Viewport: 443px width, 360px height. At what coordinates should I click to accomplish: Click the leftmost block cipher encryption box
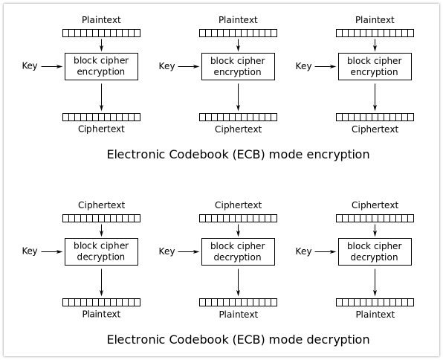pyautogui.click(x=101, y=66)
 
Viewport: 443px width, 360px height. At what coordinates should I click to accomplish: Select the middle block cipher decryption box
pyautogui.click(x=238, y=251)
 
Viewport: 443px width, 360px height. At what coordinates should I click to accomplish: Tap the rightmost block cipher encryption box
pyautogui.click(x=375, y=66)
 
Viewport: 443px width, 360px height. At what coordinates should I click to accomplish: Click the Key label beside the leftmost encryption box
pyautogui.click(x=30, y=66)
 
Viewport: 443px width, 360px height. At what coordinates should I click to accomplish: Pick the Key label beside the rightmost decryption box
pyautogui.click(x=303, y=251)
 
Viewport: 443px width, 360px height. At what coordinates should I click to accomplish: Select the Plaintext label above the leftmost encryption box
pyautogui.click(x=101, y=19)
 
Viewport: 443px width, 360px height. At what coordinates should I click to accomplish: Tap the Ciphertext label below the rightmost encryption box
pyautogui.click(x=375, y=129)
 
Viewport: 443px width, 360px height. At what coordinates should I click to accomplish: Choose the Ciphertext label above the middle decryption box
pyautogui.click(x=238, y=205)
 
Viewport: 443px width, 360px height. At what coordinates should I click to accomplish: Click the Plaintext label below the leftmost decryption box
pyautogui.click(x=101, y=314)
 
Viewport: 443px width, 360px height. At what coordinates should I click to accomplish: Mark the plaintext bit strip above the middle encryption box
pyautogui.click(x=238, y=33)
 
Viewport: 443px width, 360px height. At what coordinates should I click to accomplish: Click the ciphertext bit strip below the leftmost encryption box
pyautogui.click(x=101, y=117)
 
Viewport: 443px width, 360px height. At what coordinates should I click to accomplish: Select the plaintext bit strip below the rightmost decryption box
pyautogui.click(x=375, y=302)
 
